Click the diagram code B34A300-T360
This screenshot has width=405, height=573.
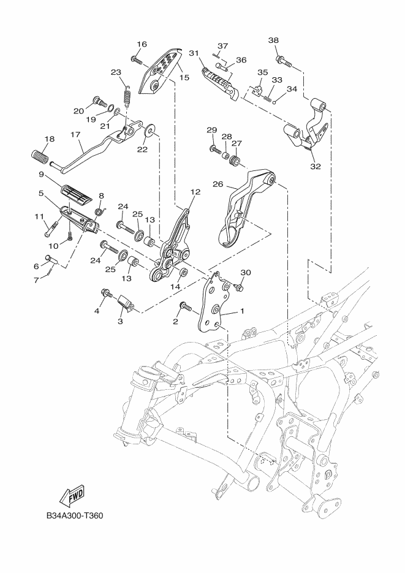[74, 515]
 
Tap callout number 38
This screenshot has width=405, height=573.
[273, 40]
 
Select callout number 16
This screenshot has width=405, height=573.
[142, 44]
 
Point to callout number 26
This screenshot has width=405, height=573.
[218, 183]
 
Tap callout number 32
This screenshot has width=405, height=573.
[315, 166]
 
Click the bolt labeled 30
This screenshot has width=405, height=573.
[240, 286]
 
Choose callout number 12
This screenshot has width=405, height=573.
[195, 192]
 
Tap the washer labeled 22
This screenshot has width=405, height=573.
[150, 132]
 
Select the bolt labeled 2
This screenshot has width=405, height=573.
[183, 305]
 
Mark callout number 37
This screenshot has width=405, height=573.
[222, 47]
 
